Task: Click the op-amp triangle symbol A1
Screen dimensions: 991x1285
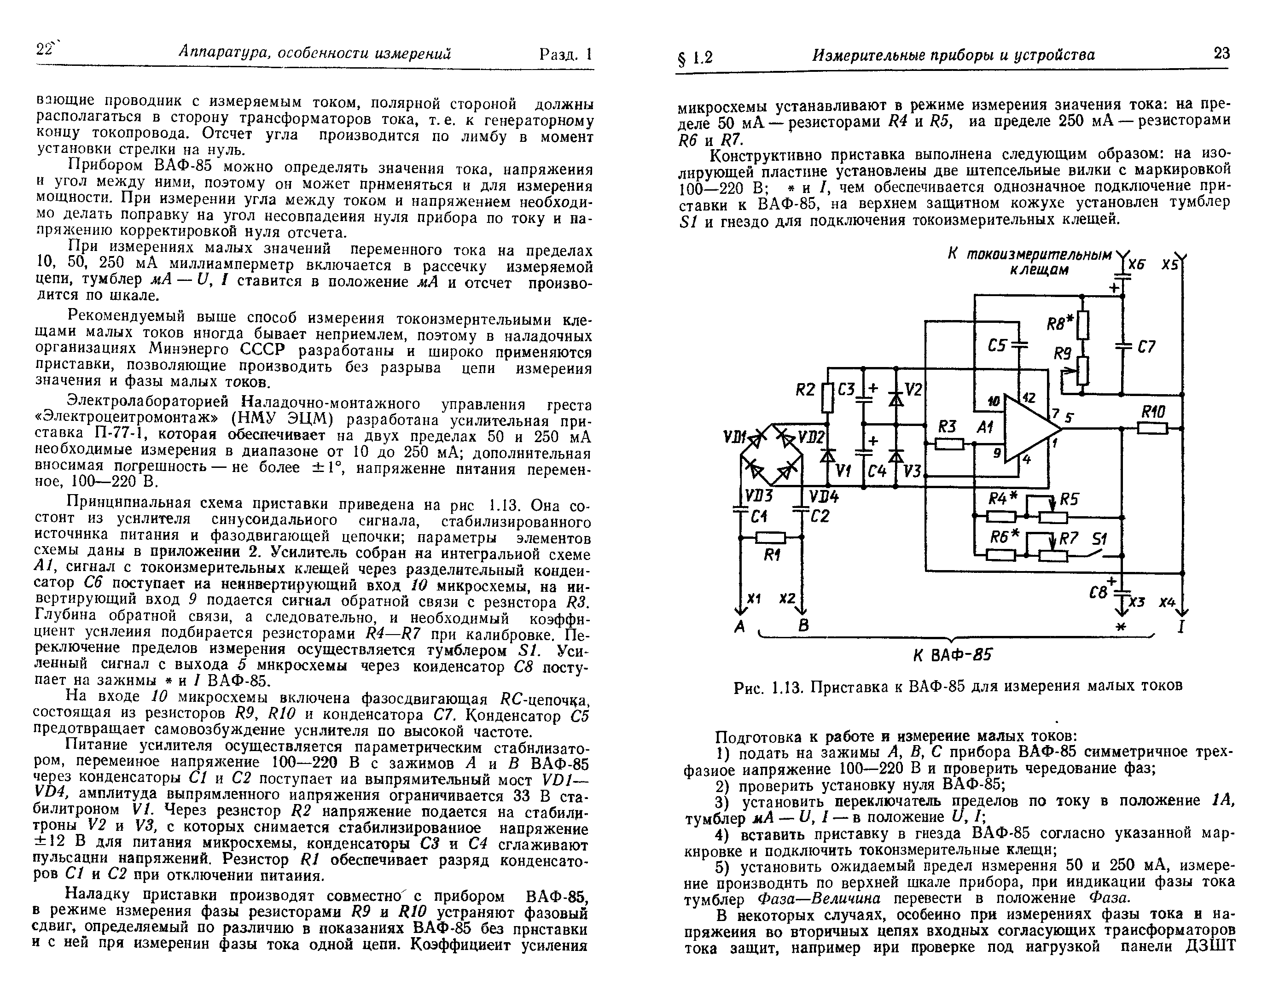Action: (1026, 428)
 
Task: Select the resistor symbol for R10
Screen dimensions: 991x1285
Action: (1152, 428)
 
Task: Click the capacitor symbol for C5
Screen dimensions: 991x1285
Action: (1018, 345)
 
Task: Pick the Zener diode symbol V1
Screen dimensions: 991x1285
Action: (828, 455)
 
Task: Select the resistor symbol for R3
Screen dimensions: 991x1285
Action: (948, 444)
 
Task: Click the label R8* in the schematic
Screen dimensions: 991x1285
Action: (1060, 323)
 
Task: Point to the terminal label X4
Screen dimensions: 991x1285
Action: (1167, 602)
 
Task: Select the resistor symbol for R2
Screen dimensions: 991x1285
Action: (827, 398)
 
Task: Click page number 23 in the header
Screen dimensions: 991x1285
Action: (1221, 53)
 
